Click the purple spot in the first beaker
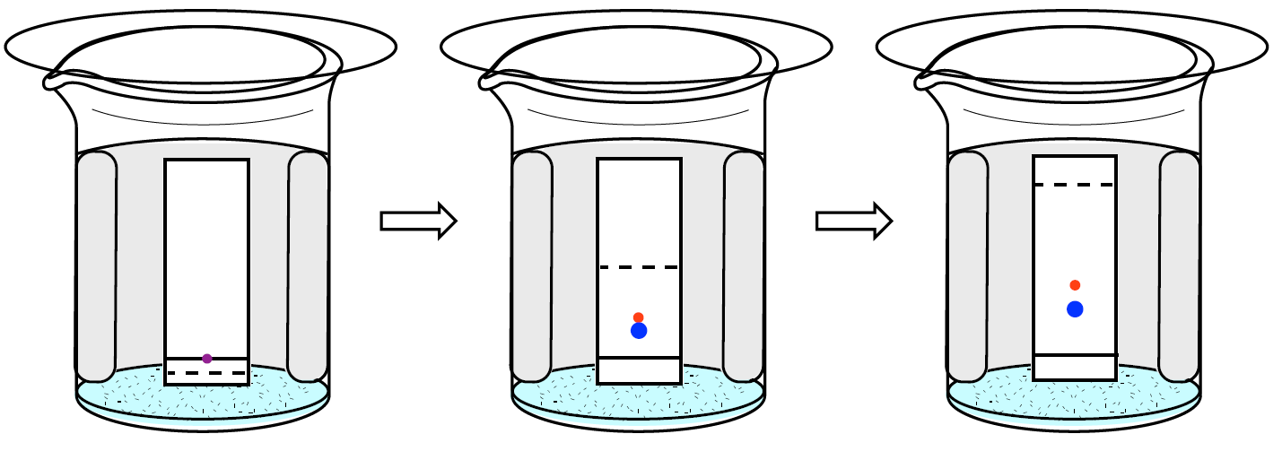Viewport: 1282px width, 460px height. pyautogui.click(x=207, y=359)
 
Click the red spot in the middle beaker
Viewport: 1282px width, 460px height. pyautogui.click(x=639, y=317)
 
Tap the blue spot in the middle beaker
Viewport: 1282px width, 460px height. pyautogui.click(x=639, y=331)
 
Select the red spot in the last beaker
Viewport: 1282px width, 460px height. pyautogui.click(x=1075, y=285)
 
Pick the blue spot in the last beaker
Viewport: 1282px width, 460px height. pyautogui.click(x=1075, y=309)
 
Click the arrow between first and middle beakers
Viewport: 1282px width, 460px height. pyautogui.click(x=419, y=221)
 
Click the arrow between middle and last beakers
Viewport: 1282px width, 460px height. pyautogui.click(x=853, y=221)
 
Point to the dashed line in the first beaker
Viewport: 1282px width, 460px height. pyautogui.click(x=207, y=372)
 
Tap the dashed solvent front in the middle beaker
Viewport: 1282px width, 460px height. pyautogui.click(x=639, y=267)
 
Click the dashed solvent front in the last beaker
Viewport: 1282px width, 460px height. pyautogui.click(x=1075, y=185)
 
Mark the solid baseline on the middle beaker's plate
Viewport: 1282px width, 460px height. pyautogui.click(x=639, y=358)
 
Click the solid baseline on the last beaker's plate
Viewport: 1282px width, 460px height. pyautogui.click(x=1075, y=355)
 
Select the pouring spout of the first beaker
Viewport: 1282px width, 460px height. pyautogui.click(x=54, y=80)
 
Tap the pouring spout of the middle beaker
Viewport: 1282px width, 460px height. pyautogui.click(x=489, y=80)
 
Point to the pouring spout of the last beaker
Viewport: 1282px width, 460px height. pyautogui.click(x=924, y=80)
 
